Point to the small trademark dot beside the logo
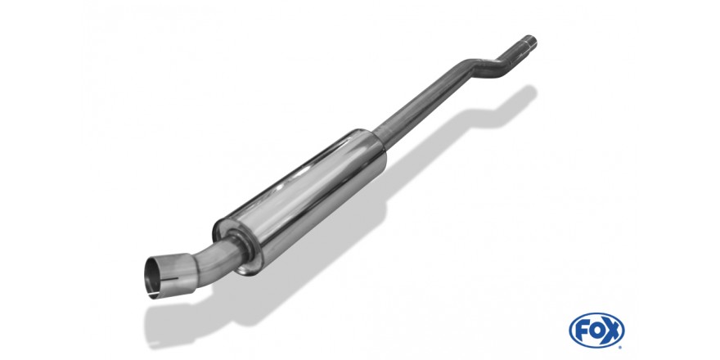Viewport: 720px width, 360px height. (x=620, y=347)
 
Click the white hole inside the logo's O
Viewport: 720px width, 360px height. (x=596, y=331)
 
